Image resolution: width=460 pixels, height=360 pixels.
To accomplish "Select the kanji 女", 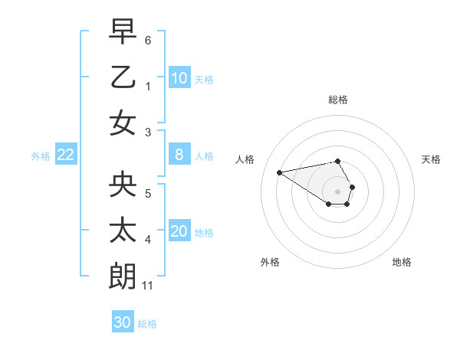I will (123, 123).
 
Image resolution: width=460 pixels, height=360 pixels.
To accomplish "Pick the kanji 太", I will (123, 231).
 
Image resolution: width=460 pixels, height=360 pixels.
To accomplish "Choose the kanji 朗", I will (123, 277).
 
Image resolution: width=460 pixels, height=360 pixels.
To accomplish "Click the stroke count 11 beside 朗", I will (149, 286).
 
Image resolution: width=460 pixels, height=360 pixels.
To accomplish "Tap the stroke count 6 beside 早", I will (148, 39).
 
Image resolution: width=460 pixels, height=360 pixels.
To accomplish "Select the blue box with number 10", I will (179, 78).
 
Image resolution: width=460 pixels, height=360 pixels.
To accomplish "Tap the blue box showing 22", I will (65, 155).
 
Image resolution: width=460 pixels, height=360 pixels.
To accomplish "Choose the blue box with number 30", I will (123, 322).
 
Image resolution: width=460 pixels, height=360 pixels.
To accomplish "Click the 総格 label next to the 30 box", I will (147, 324).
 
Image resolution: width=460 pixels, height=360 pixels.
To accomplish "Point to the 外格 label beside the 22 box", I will (41, 156).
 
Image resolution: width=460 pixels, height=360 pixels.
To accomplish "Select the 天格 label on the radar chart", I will (431, 159).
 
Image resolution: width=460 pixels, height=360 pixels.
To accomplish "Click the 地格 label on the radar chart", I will (402, 262).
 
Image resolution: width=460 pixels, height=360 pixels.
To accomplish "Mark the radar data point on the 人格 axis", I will (279, 172).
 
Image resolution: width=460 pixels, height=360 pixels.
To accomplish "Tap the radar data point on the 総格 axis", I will (338, 161).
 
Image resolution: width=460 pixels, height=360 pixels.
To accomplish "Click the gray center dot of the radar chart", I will (338, 191).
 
